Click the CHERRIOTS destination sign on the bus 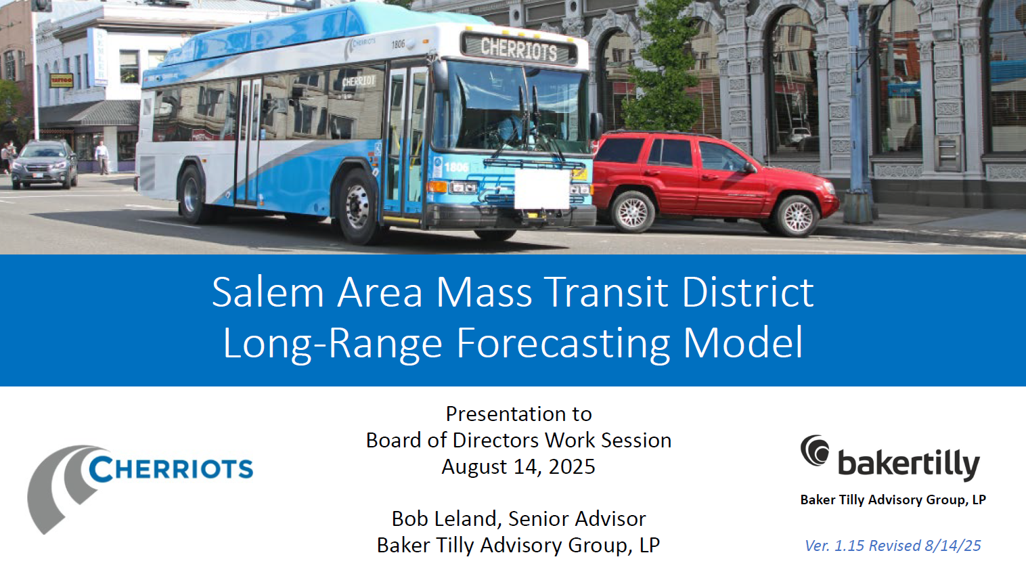coord(518,48)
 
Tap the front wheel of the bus coord(357,206)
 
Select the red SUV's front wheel coord(797,216)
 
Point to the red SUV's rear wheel coord(632,212)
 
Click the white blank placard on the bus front coord(541,189)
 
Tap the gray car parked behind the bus coord(44,164)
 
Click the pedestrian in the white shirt coord(102,157)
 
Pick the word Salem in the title coord(268,292)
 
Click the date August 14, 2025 coord(518,466)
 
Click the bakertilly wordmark coord(908,464)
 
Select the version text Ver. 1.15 coord(834,546)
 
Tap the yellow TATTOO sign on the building coord(61,80)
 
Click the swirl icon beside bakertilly coord(815,451)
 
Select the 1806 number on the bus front coord(456,167)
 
